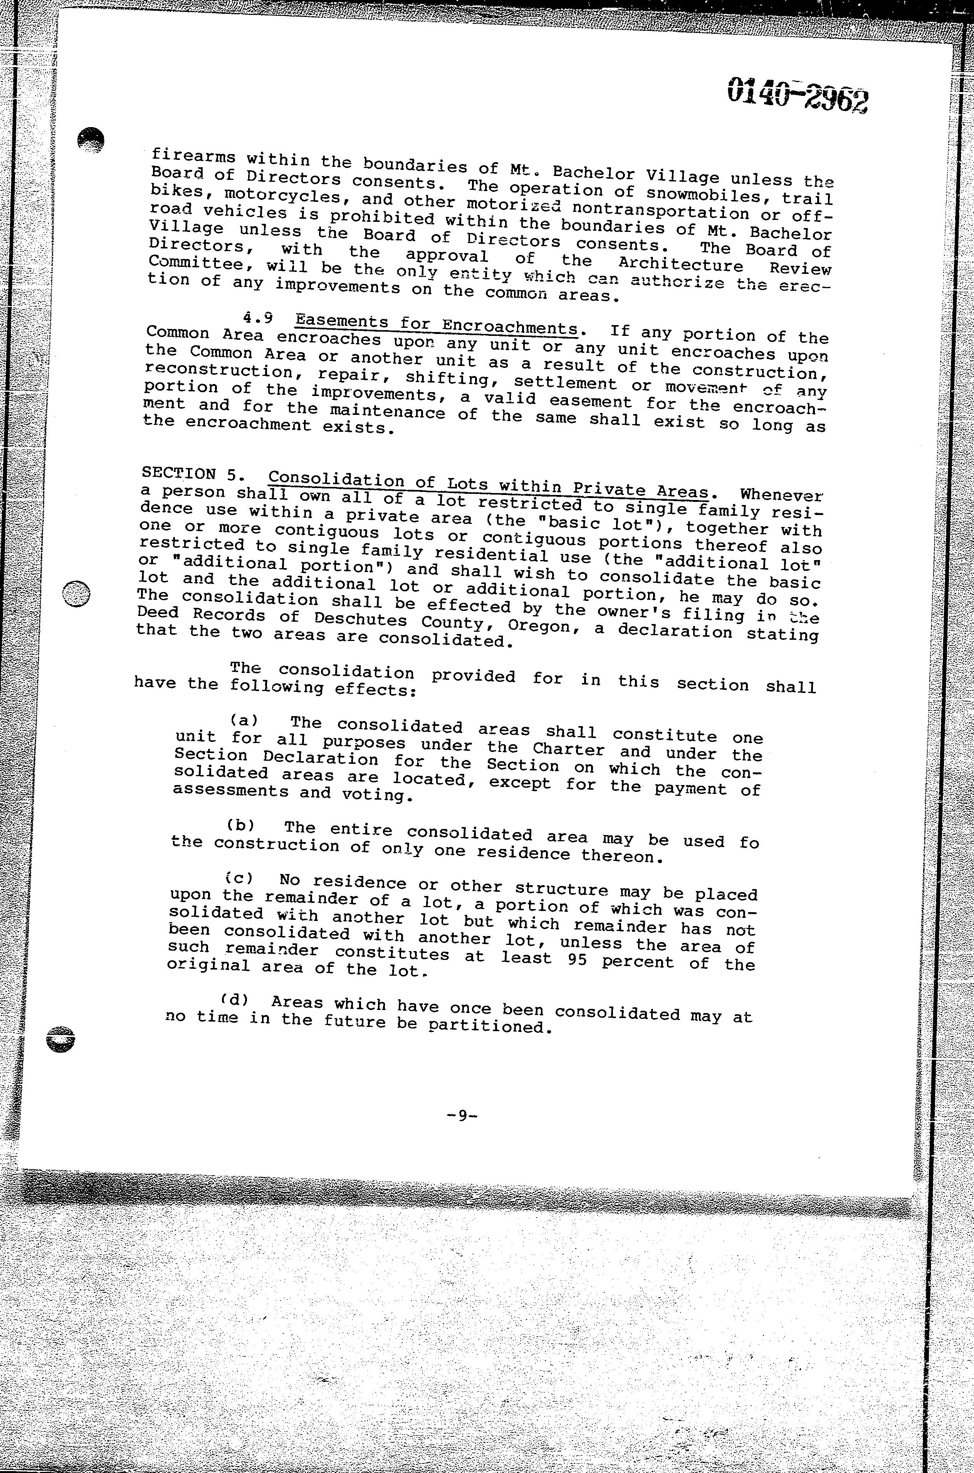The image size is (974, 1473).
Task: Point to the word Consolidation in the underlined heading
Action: coord(336,480)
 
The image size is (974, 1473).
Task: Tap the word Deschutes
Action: coord(360,619)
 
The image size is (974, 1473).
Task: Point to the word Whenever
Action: coord(781,496)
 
